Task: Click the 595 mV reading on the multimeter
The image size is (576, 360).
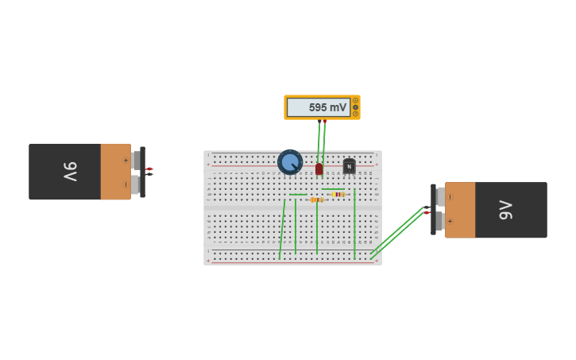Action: (x=327, y=107)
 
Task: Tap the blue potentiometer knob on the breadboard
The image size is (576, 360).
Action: (x=290, y=162)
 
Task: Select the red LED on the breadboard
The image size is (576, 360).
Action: (x=319, y=168)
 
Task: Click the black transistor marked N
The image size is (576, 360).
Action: (x=349, y=167)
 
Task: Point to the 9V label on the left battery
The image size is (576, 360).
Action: (x=70, y=171)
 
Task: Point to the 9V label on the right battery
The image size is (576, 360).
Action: (x=506, y=210)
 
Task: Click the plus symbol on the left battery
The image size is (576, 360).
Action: (x=125, y=160)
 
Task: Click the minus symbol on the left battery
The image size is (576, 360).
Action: (x=125, y=184)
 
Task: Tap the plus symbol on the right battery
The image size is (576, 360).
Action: (x=450, y=222)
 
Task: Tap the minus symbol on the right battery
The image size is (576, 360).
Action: (x=450, y=197)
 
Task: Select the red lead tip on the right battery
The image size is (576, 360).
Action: (x=427, y=212)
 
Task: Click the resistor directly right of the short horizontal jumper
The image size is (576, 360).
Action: (x=316, y=199)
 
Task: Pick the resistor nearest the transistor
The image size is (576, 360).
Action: (x=338, y=194)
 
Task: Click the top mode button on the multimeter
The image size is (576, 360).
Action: (x=355, y=101)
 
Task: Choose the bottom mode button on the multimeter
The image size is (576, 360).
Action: (x=355, y=114)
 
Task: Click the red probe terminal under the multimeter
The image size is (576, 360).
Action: (x=324, y=122)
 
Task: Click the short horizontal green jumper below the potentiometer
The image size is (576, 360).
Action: (x=298, y=194)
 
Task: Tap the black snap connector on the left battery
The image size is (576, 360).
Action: (x=142, y=172)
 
